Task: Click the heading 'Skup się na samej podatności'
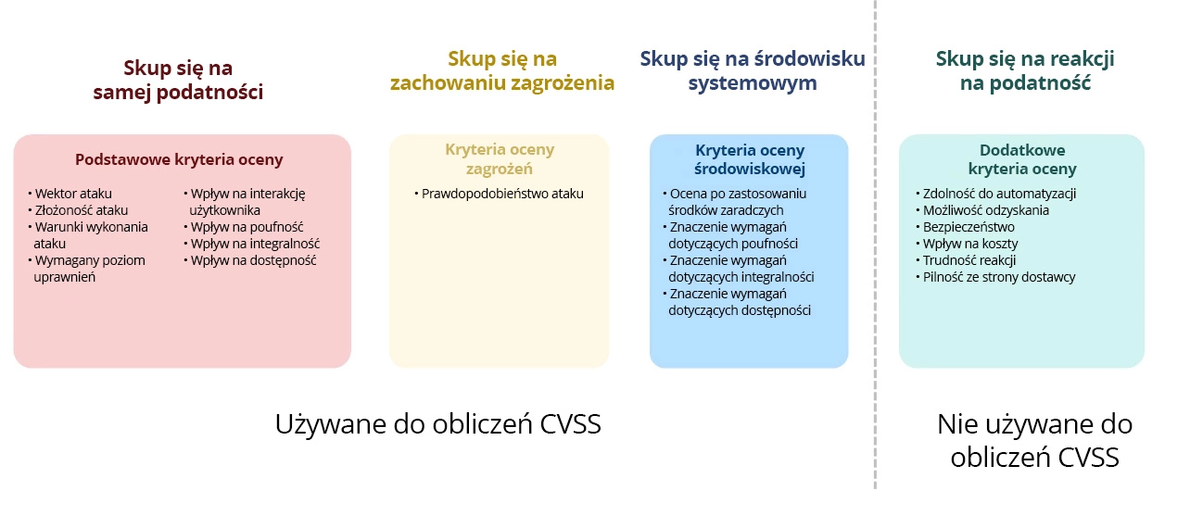[x=178, y=80]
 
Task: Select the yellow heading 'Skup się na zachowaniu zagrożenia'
[x=502, y=71]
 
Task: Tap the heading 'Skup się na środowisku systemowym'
[x=752, y=71]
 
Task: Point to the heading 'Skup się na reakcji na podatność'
[x=1024, y=71]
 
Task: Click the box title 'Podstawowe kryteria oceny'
[x=179, y=159]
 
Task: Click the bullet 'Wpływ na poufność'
[x=247, y=227]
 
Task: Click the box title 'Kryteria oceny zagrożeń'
[x=500, y=159]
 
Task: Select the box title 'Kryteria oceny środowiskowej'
[x=750, y=159]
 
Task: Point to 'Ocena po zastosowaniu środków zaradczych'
[x=738, y=202]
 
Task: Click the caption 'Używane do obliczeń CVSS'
[x=438, y=424]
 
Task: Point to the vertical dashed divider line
[x=875, y=278]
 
